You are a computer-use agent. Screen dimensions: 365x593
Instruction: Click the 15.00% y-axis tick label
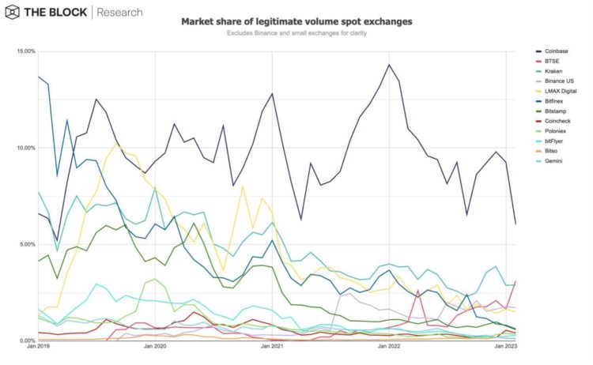pos(25,51)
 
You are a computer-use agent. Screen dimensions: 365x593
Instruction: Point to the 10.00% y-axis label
pos(25,148)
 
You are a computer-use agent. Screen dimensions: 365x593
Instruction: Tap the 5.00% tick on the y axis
pos(27,244)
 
